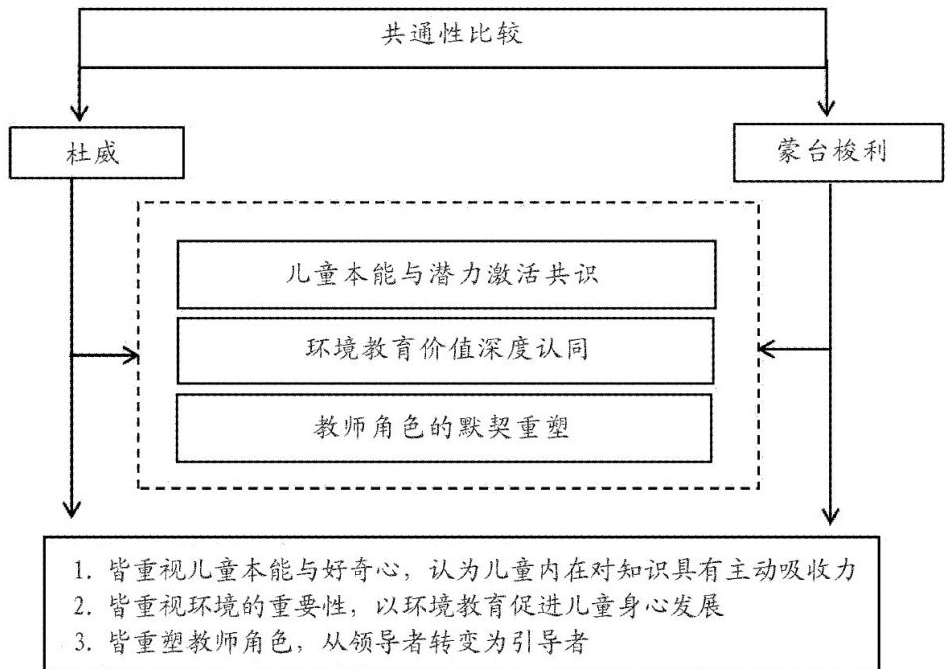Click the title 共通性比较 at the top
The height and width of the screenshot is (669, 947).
(x=452, y=33)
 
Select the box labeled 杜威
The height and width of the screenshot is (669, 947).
(x=97, y=152)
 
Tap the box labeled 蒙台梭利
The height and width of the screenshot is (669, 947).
(x=837, y=152)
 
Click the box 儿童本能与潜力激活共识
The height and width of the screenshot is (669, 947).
(x=446, y=274)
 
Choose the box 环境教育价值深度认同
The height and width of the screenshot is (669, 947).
(x=445, y=350)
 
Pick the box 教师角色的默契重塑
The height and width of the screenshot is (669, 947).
(x=444, y=428)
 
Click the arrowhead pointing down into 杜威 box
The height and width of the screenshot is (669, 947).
(x=79, y=112)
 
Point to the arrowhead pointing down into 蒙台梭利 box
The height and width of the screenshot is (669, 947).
(x=826, y=109)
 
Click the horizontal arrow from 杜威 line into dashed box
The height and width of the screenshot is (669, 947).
(x=106, y=355)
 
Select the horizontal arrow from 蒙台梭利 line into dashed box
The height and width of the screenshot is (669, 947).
(x=794, y=349)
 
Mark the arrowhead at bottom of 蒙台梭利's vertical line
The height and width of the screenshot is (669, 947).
(x=830, y=515)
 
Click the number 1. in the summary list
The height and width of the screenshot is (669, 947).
(x=82, y=570)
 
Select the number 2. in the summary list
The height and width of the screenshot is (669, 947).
(x=82, y=606)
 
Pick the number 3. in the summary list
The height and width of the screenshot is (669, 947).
(x=82, y=642)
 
